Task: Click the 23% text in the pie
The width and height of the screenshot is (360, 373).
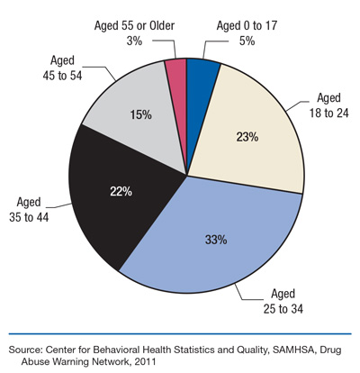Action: pyautogui.click(x=248, y=137)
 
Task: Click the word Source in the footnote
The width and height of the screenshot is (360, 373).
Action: pyautogui.click(x=28, y=347)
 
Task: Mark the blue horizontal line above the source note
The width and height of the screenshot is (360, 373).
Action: pyautogui.click(x=180, y=332)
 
